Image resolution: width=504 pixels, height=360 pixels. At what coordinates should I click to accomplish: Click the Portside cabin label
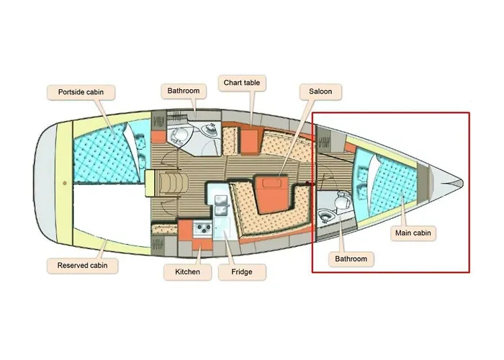coord(81,92)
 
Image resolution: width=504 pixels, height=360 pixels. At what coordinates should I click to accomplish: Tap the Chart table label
coord(242,83)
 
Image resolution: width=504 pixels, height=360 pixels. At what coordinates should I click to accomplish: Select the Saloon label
coord(320,91)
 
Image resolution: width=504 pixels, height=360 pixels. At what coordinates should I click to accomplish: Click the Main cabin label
coord(413,233)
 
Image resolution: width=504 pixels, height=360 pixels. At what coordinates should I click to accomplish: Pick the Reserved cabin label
coord(82,266)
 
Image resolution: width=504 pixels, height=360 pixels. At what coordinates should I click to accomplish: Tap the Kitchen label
coord(187,272)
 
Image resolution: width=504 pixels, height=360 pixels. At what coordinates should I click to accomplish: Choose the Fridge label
coord(242,272)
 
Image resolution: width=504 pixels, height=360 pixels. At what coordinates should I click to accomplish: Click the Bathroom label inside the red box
coord(351,259)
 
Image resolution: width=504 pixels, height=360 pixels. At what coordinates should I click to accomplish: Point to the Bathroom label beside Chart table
coord(184,91)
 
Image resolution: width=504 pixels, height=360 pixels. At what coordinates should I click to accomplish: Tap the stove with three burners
coord(202,228)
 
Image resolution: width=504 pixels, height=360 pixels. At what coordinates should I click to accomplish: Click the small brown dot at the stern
coord(65,183)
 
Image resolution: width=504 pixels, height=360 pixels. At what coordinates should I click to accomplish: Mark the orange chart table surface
coord(249,141)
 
